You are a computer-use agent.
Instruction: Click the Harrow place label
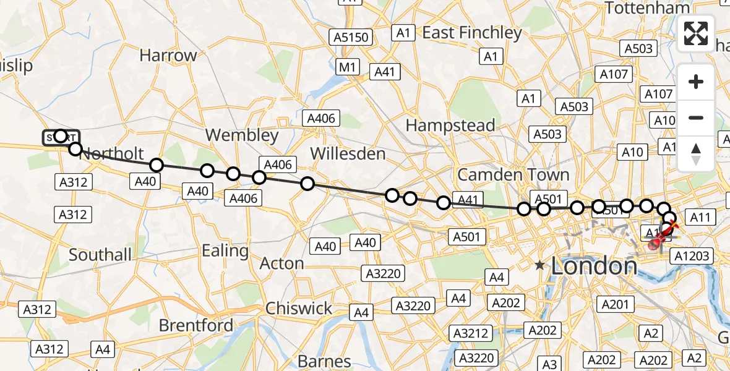click(168, 55)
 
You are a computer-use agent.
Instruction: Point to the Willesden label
click(348, 153)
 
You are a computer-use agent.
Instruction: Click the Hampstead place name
click(450, 126)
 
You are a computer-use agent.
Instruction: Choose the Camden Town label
click(513, 175)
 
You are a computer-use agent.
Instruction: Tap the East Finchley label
click(472, 32)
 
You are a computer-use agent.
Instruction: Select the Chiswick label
click(299, 307)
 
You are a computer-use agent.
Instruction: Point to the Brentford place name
click(196, 325)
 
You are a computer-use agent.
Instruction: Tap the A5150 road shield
click(351, 37)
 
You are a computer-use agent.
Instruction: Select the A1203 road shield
click(692, 255)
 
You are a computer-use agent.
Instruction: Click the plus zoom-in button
click(696, 82)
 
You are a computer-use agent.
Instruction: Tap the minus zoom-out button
click(696, 117)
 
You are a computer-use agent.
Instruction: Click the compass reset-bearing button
click(696, 153)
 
